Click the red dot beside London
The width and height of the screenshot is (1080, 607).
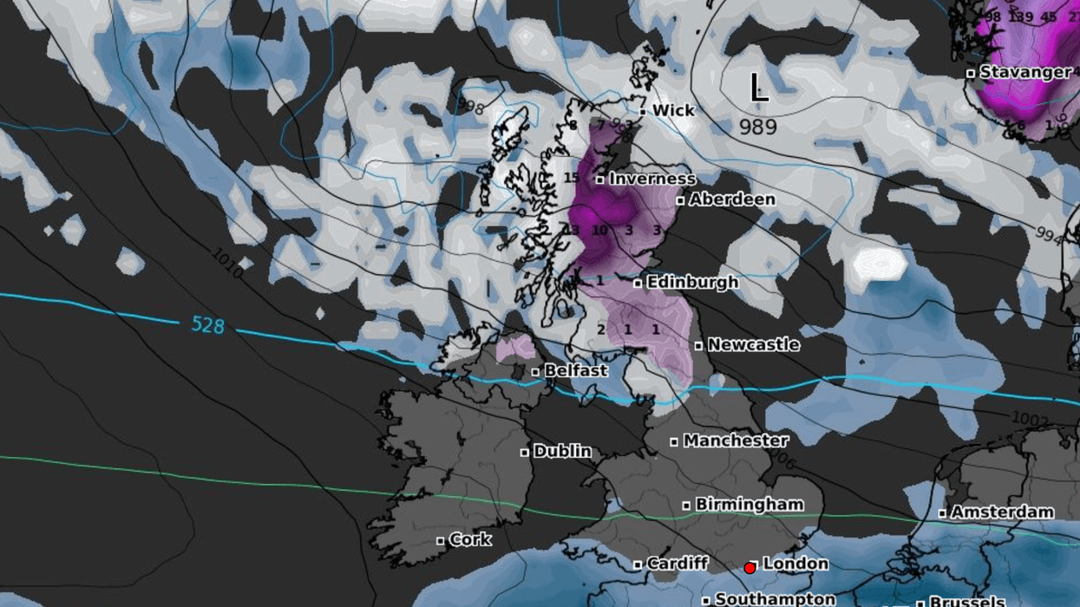[749, 568]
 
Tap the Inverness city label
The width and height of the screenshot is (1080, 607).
[651, 179]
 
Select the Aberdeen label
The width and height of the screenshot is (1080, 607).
[731, 199]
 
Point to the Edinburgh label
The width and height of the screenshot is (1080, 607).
[691, 282]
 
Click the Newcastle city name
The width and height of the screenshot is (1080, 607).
[753, 344]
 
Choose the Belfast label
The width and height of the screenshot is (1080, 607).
[576, 370]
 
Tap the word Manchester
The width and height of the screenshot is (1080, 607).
[736, 441]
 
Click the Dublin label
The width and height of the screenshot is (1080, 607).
[562, 451]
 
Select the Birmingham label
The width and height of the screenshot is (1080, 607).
[749, 504]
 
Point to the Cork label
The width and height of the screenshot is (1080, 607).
[470, 539]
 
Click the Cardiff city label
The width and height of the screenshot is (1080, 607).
[677, 564]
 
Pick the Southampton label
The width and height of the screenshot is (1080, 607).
[775, 598]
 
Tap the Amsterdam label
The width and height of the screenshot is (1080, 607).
[1002, 512]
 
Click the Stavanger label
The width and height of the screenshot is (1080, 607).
[1024, 72]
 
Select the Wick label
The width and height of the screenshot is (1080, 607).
[673, 110]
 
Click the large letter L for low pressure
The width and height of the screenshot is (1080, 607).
[758, 88]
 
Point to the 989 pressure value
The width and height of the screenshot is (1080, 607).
[758, 127]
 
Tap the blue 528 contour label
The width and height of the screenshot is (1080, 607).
[208, 325]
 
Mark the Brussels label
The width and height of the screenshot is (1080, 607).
[966, 601]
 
